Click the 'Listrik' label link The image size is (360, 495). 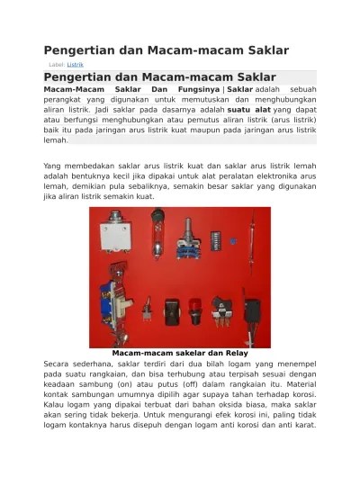[76, 65]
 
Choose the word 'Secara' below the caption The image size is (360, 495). [59, 363]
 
